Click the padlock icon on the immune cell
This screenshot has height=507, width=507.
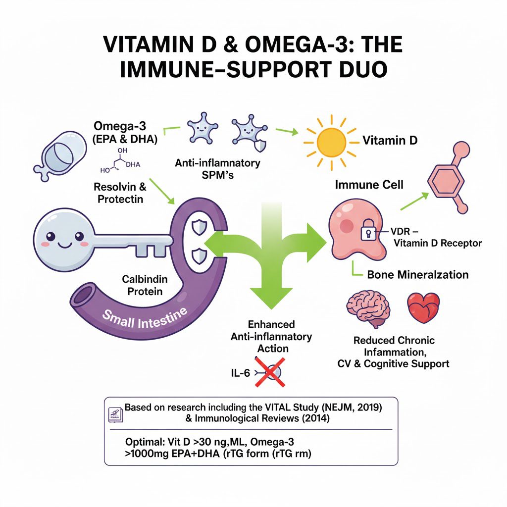point(368,230)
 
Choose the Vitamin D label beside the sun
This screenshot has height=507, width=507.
point(390,141)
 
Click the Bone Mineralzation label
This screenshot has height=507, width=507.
point(417,274)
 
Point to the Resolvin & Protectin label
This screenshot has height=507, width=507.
point(120,193)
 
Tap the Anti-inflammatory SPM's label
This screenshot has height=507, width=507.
point(217,168)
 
